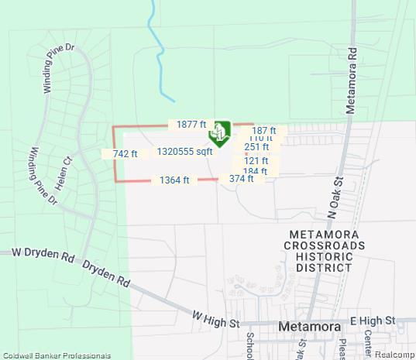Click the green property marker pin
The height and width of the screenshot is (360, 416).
point(220,133)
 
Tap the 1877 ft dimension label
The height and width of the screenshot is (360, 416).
point(191,125)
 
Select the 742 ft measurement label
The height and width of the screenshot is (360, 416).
point(125,154)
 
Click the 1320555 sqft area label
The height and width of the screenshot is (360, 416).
point(184,152)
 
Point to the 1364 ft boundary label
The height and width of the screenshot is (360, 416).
point(174,180)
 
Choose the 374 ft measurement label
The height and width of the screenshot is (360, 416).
point(242,179)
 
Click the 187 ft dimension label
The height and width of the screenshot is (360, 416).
point(264,131)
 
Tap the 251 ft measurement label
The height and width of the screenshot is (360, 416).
point(256,147)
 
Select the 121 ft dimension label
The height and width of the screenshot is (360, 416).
point(256,161)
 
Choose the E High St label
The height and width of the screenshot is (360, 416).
point(373,320)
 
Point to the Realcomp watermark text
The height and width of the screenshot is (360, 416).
point(395,355)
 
